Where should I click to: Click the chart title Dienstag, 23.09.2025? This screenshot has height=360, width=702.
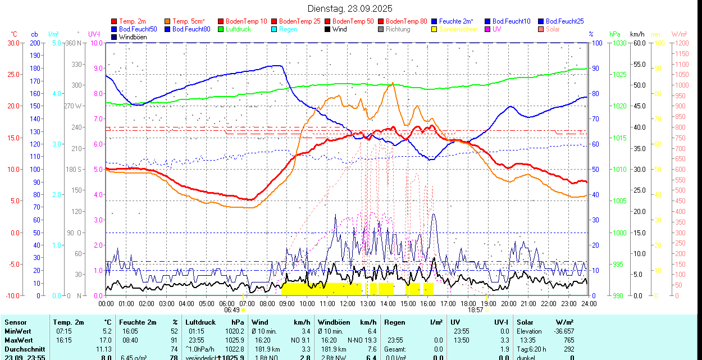click(350, 8)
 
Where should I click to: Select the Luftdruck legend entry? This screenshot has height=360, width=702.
click(238, 29)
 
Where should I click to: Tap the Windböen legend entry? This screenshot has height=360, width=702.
click(132, 37)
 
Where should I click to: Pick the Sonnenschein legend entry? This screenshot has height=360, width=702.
click(458, 29)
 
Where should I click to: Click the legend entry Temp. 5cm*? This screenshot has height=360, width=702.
click(189, 21)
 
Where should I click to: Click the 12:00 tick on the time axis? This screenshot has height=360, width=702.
click(347, 303)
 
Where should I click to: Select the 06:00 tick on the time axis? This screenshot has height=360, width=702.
click(226, 303)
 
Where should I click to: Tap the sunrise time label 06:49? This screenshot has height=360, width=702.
click(233, 309)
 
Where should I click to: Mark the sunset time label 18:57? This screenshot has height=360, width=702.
click(476, 309)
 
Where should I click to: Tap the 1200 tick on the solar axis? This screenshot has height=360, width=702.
click(681, 43)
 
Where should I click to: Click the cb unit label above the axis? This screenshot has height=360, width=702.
click(35, 34)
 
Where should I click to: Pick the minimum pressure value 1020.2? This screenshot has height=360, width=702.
click(235, 331)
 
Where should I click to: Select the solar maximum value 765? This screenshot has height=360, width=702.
click(568, 340)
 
